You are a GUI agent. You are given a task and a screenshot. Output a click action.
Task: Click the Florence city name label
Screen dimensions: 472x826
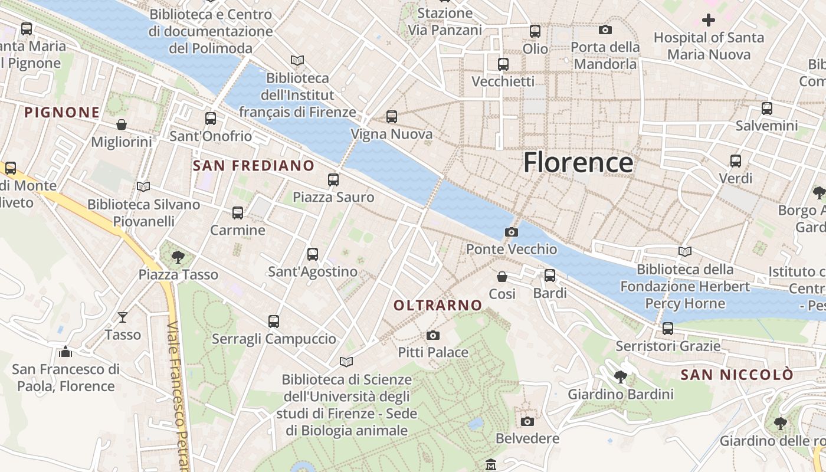click(x=578, y=162)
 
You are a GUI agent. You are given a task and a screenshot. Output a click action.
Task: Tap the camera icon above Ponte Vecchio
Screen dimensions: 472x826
click(x=512, y=232)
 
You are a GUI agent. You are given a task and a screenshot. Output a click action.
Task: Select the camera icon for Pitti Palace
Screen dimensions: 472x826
click(x=433, y=336)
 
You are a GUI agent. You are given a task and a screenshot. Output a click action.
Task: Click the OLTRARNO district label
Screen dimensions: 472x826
click(x=437, y=305)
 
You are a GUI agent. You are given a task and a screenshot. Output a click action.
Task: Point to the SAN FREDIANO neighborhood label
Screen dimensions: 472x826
click(x=253, y=166)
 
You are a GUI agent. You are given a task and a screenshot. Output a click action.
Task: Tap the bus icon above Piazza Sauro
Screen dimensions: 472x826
click(x=333, y=180)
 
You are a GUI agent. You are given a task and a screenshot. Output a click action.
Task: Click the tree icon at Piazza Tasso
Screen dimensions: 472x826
click(x=178, y=257)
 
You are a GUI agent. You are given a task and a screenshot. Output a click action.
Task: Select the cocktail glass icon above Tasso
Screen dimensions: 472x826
click(x=122, y=317)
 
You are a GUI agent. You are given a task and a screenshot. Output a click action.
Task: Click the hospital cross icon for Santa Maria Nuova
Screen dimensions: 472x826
click(x=709, y=20)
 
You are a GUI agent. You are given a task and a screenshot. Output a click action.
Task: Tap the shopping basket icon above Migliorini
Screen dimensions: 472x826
click(x=122, y=124)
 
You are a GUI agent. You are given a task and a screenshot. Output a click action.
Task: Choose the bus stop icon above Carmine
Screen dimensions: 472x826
click(x=238, y=213)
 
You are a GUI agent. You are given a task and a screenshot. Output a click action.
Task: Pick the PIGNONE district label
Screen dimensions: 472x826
click(x=62, y=112)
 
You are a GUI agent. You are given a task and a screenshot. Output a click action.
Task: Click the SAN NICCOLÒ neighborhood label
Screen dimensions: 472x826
click(x=737, y=375)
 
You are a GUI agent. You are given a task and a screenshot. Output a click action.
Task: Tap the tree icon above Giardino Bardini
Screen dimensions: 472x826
click(x=620, y=376)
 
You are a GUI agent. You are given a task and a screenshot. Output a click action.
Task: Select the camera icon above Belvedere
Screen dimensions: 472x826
click(x=527, y=421)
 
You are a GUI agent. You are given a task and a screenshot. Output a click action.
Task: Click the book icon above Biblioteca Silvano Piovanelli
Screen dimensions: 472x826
click(x=143, y=187)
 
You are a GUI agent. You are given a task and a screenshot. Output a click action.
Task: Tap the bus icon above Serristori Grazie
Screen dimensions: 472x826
click(x=668, y=329)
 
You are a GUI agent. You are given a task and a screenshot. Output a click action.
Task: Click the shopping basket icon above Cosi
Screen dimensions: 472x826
click(x=502, y=277)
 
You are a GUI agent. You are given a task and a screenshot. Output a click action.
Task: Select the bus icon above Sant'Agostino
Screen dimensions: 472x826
click(x=313, y=254)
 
